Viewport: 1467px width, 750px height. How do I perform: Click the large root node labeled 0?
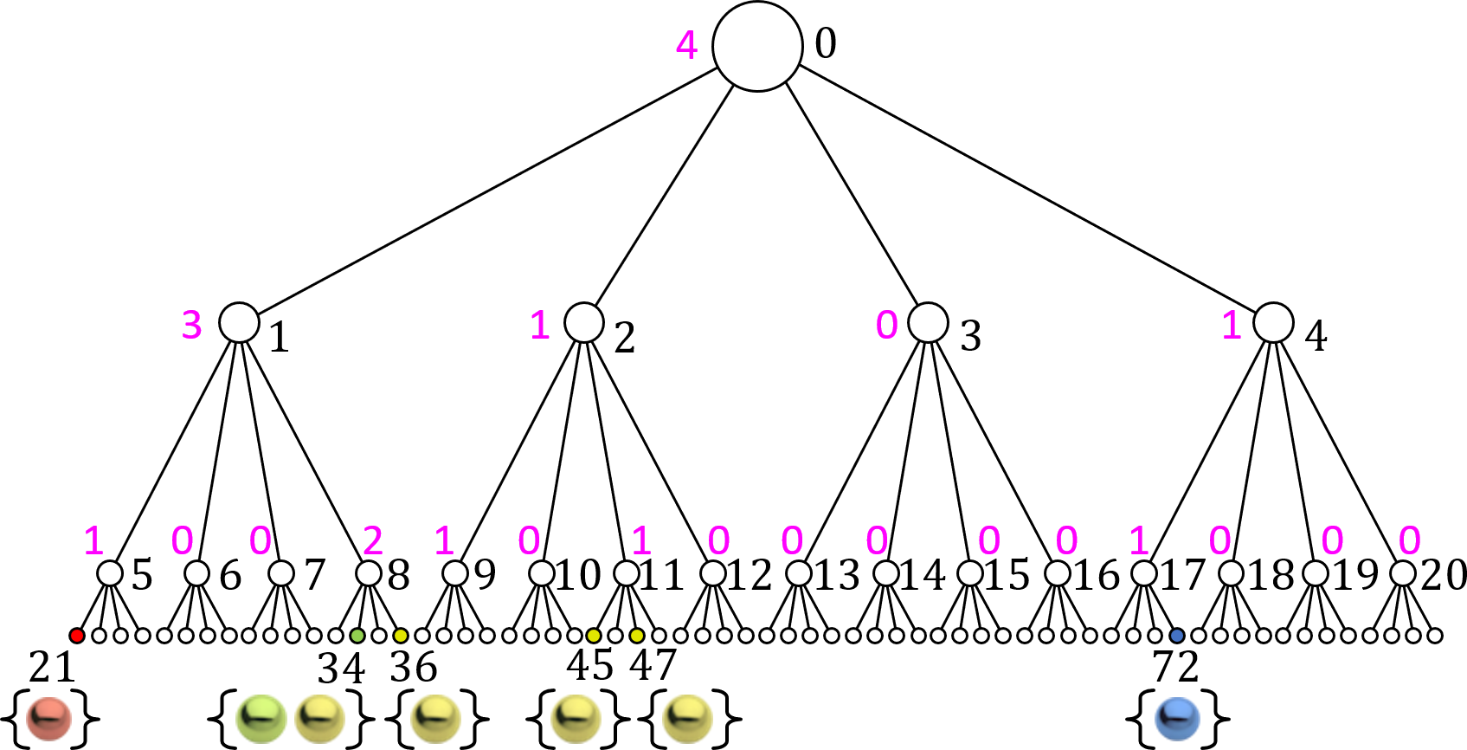(x=757, y=46)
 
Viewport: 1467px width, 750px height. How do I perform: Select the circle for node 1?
(x=239, y=322)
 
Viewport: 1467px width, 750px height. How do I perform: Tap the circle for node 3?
(x=928, y=322)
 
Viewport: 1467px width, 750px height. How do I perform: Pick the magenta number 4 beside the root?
(x=686, y=45)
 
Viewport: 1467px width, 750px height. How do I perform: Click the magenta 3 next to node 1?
(x=191, y=325)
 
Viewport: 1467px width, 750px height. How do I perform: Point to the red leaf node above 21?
(x=77, y=636)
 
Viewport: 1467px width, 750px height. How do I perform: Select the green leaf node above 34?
(x=357, y=636)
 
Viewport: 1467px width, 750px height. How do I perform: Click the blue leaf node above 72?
(x=1176, y=636)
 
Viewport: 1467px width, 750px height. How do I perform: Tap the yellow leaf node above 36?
(x=400, y=636)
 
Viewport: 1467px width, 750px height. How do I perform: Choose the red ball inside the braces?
(x=48, y=719)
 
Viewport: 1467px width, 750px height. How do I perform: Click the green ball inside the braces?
(x=261, y=719)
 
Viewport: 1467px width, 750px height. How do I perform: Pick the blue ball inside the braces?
(x=1177, y=719)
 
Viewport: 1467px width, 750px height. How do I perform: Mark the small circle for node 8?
(x=369, y=573)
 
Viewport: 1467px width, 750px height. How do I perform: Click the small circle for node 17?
(x=1143, y=573)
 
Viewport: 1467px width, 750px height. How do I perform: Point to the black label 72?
(x=1175, y=667)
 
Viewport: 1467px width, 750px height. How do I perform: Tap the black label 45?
(x=589, y=666)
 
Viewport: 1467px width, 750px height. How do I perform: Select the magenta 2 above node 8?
(x=373, y=540)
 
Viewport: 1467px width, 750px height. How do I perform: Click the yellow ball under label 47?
(x=688, y=719)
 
